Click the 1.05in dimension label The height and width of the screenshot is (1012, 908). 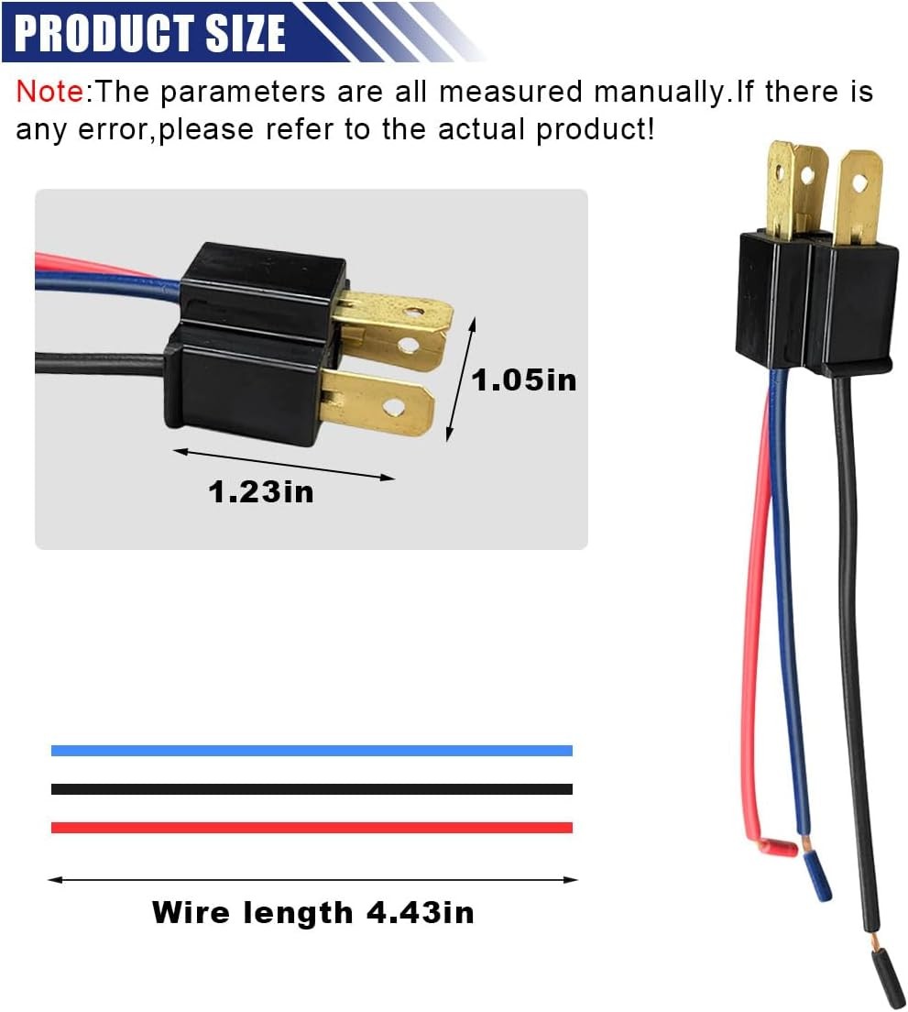524,379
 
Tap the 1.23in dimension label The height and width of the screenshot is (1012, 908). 260,492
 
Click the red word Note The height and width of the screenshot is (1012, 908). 49,92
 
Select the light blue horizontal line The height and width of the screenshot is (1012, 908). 312,750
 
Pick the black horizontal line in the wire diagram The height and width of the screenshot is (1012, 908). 312,788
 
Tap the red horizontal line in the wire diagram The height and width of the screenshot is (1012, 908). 312,827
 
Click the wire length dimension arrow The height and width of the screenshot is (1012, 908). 312,880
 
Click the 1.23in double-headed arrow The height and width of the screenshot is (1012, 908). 284,464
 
